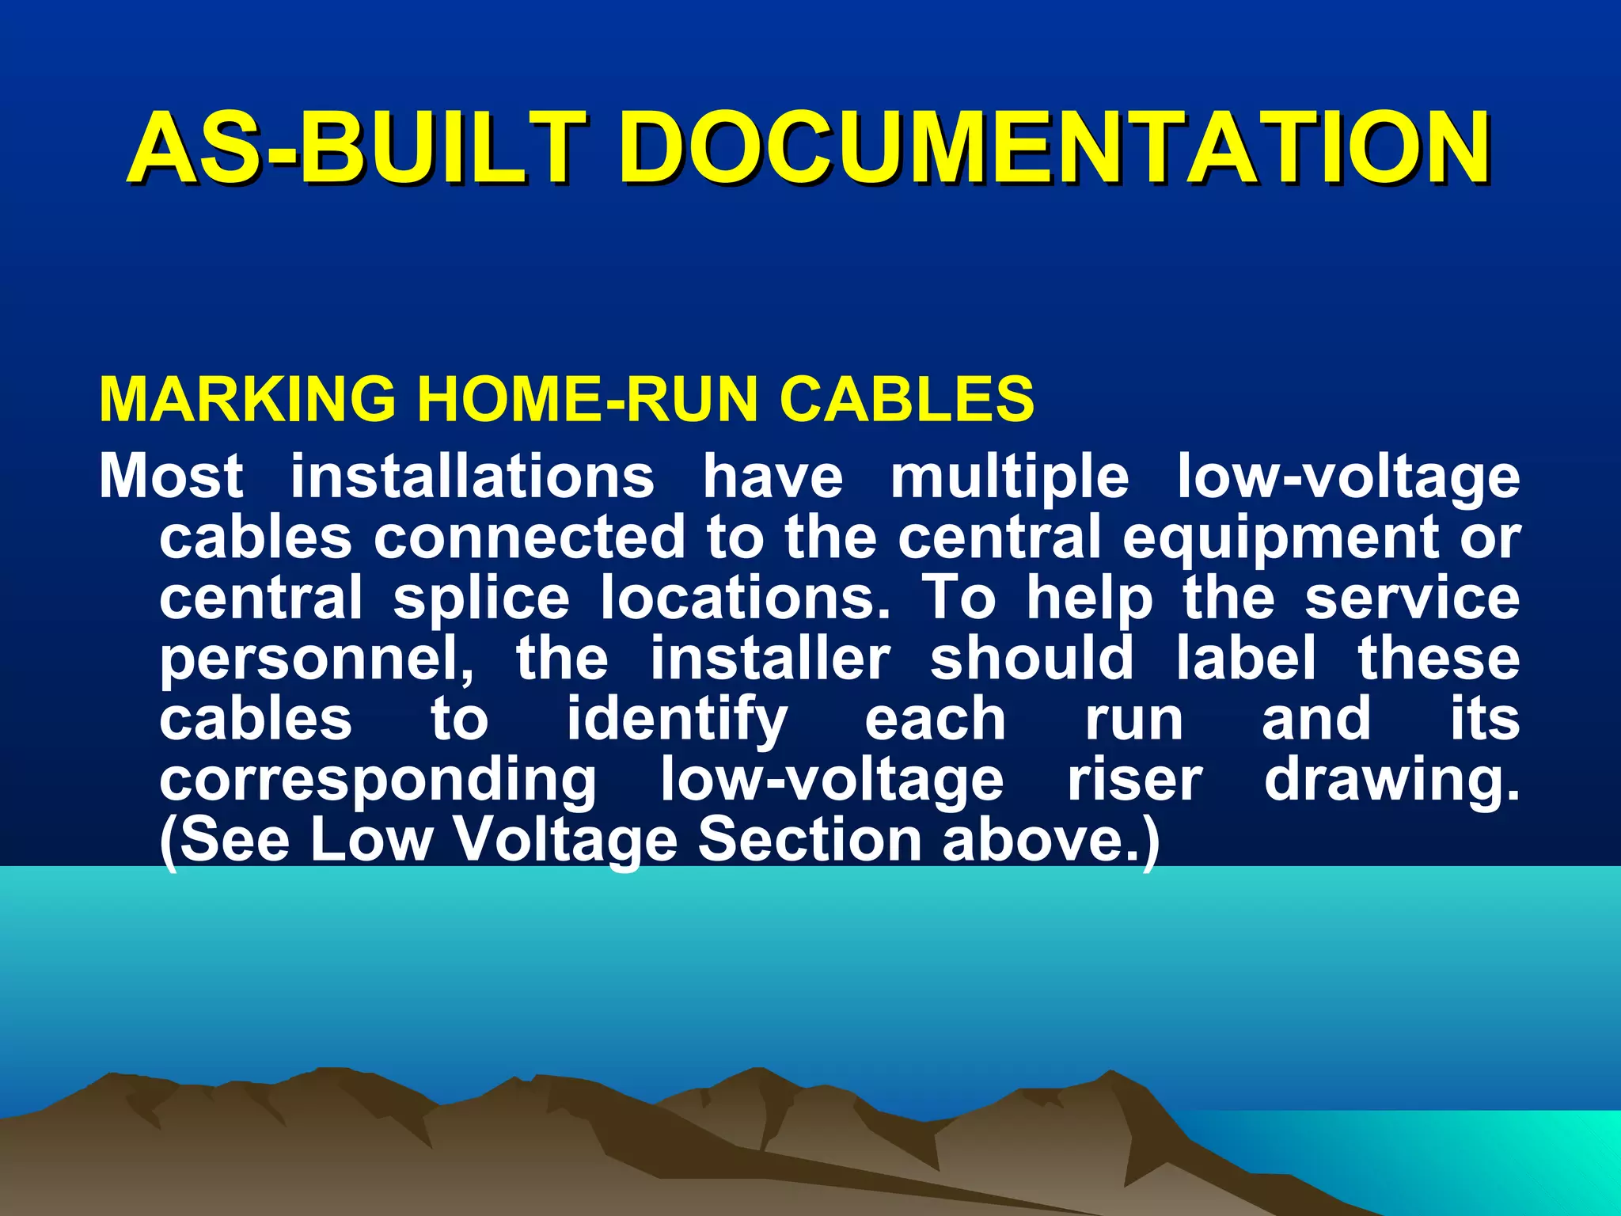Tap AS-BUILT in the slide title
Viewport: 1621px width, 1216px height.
[x=357, y=148]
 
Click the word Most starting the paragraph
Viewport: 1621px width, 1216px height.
[x=171, y=477]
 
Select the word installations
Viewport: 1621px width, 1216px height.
[x=473, y=477]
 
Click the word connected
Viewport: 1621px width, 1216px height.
[x=529, y=538]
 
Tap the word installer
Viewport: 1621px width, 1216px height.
[x=770, y=659]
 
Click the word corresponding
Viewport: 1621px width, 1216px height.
[x=378, y=782]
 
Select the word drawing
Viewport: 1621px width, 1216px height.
[x=1391, y=782]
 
